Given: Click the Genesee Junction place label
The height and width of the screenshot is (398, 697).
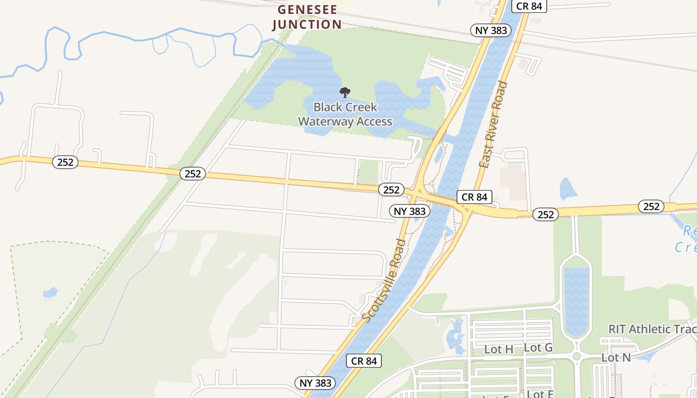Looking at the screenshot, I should tap(307, 17).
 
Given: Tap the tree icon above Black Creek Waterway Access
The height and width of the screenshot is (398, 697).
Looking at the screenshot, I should tap(345, 93).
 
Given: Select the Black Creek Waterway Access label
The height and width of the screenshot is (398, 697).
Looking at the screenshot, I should tap(345, 114).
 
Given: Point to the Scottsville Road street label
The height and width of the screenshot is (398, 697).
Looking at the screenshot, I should tap(384, 280).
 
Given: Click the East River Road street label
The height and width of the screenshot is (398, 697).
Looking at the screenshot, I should tap(493, 124).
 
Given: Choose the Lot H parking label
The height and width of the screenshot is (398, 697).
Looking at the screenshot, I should tap(498, 349).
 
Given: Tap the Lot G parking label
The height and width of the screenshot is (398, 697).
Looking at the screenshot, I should tap(538, 347).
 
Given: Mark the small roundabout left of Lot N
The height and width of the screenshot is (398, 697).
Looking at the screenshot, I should tap(577, 356).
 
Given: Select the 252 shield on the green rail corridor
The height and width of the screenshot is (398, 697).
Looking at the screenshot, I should tap(193, 173).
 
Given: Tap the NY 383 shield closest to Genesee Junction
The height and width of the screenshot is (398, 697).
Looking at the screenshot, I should tap(491, 30).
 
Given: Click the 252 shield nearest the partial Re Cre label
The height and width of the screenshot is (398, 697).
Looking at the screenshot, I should tap(651, 206).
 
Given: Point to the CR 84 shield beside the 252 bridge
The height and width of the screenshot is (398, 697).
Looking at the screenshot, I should tap(474, 197).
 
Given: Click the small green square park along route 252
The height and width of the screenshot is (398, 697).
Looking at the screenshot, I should tap(368, 172).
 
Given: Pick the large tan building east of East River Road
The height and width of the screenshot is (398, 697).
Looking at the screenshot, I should tap(513, 181).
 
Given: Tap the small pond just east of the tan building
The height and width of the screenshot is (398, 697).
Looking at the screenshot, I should tap(568, 189).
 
